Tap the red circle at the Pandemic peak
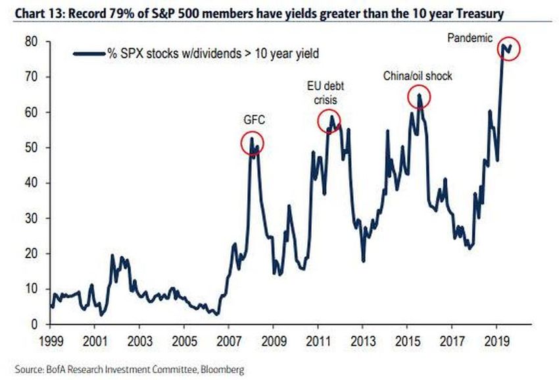click(x=508, y=48)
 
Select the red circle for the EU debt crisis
click(x=330, y=121)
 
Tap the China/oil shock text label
click(x=418, y=76)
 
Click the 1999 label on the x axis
click(x=51, y=342)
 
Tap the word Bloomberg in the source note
click(x=222, y=370)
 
